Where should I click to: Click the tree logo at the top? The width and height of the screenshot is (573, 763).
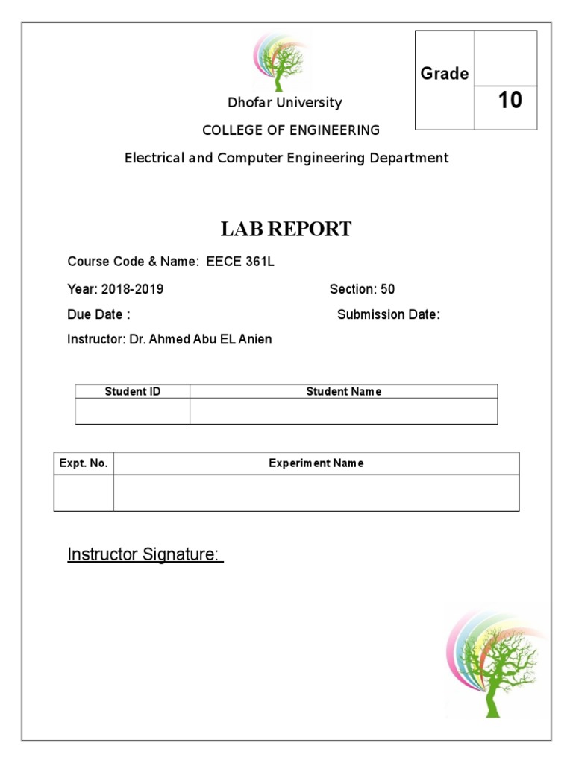(282, 62)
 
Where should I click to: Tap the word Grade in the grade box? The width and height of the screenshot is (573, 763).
(445, 73)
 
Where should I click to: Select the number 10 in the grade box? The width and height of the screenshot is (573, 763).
(510, 100)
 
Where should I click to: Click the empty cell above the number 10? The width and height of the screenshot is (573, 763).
(506, 58)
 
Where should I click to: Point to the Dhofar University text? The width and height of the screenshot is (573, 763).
(285, 103)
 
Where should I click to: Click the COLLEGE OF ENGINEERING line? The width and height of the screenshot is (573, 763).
(291, 130)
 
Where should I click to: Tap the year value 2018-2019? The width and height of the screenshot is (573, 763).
(132, 289)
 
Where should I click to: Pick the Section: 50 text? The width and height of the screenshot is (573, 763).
(362, 289)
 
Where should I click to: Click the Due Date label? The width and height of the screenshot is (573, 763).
(98, 314)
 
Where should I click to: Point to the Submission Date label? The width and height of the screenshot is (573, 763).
(389, 314)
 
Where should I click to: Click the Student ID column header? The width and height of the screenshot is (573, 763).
(133, 391)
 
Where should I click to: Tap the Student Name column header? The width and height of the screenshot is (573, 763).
(344, 391)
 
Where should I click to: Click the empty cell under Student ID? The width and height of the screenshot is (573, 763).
(133, 411)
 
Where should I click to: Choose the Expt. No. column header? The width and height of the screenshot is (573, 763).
(84, 463)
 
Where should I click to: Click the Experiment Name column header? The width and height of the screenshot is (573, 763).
(316, 463)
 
